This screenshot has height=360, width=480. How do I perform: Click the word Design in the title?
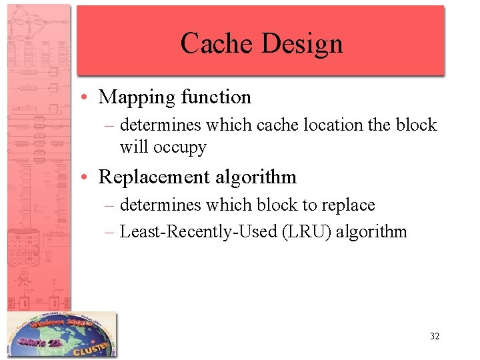(302, 43)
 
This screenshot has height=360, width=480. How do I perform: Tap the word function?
(215, 97)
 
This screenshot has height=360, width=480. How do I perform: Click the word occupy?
(180, 147)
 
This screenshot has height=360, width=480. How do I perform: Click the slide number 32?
(434, 337)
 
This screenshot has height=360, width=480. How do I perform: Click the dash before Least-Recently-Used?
(110, 232)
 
